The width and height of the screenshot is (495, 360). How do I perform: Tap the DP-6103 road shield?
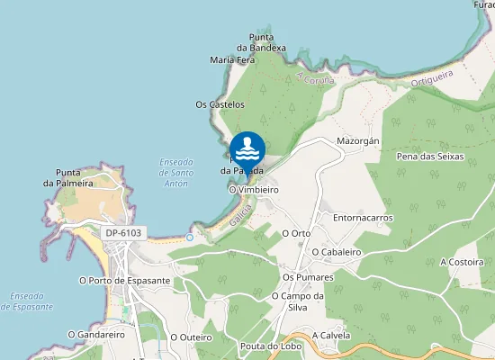[x=123, y=232]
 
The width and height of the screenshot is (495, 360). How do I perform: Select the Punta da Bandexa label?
[x=262, y=42]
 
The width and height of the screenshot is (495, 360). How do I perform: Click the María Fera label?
[x=232, y=60]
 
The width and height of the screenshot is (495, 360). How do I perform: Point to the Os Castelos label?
[x=220, y=104]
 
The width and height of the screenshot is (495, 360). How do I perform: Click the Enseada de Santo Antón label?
[x=175, y=172]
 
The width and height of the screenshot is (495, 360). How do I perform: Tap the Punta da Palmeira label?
[x=74, y=177]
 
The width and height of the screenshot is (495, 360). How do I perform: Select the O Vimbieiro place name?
[x=254, y=191]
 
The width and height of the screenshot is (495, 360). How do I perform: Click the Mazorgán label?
[x=359, y=142]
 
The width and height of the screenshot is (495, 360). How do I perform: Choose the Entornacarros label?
[x=363, y=218]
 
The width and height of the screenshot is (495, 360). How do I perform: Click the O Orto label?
[x=296, y=233]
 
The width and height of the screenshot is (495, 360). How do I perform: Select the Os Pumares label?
[x=308, y=277]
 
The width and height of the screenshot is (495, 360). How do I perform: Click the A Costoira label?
[x=462, y=262]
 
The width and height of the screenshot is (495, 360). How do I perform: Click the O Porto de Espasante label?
[x=125, y=280]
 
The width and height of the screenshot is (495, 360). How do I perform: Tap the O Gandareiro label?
[x=96, y=334]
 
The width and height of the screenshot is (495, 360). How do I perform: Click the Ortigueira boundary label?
[x=430, y=78]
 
